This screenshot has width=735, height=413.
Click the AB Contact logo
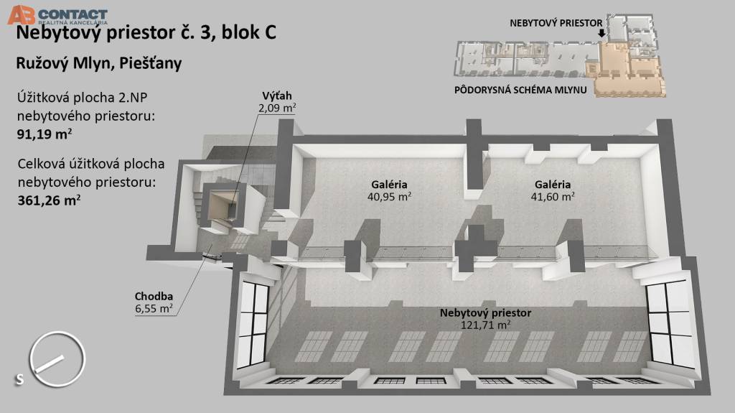57,14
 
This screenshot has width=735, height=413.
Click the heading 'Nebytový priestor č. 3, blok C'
144,33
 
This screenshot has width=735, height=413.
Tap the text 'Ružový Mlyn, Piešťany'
98,64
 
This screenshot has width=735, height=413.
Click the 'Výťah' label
277,96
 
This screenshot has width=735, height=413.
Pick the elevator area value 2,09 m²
277,108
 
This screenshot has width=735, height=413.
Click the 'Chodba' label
154,297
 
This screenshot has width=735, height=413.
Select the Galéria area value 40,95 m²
389,196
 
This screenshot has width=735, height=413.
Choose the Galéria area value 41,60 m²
552,196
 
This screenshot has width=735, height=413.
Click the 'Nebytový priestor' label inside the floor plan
485,313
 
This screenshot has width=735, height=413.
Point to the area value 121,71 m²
485,325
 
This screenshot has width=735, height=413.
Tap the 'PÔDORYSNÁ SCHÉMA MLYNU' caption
521,91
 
